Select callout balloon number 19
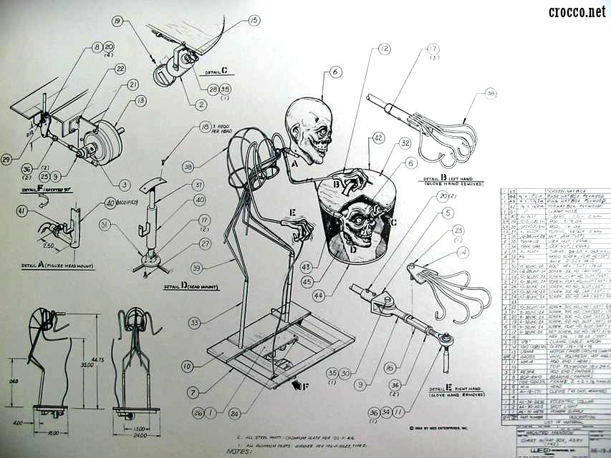[x=117, y=22]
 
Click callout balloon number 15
[x=254, y=21]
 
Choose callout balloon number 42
[x=378, y=138]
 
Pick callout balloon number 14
[x=463, y=252]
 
